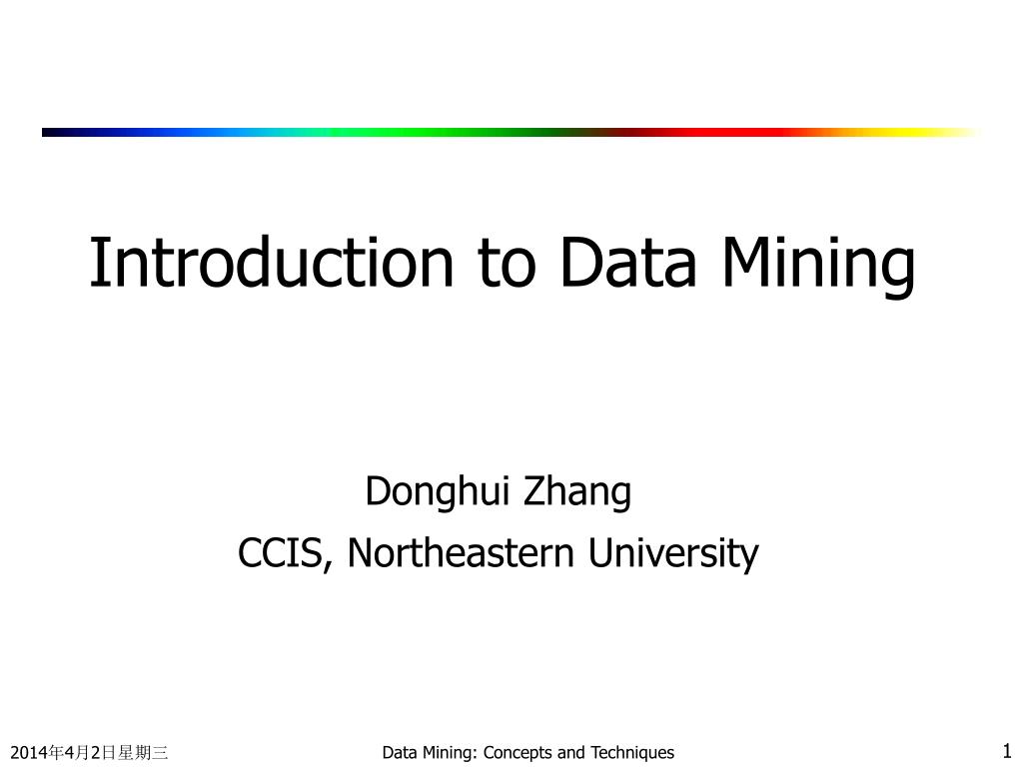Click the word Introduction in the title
[272, 263]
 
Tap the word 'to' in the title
[507, 264]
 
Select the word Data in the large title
[627, 263]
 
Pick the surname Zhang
[577, 493]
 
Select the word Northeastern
[461, 552]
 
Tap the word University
[673, 555]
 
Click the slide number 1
[1007, 750]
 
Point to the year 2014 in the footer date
[29, 753]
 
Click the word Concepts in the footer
[518, 753]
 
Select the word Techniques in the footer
[632, 753]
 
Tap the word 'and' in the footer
[571, 753]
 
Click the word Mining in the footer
[450, 753]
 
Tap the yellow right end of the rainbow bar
[939, 133]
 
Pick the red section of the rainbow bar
[717, 133]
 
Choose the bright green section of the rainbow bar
[405, 133]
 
